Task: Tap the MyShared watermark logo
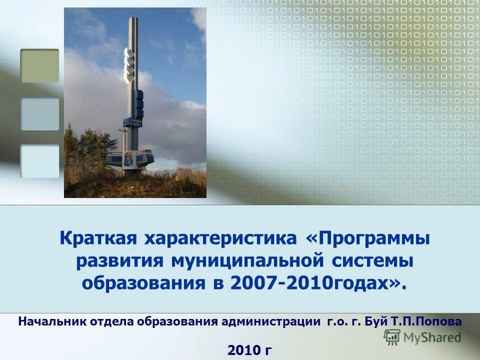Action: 422,337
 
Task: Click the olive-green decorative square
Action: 39,65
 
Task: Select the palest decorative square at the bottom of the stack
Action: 39,161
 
